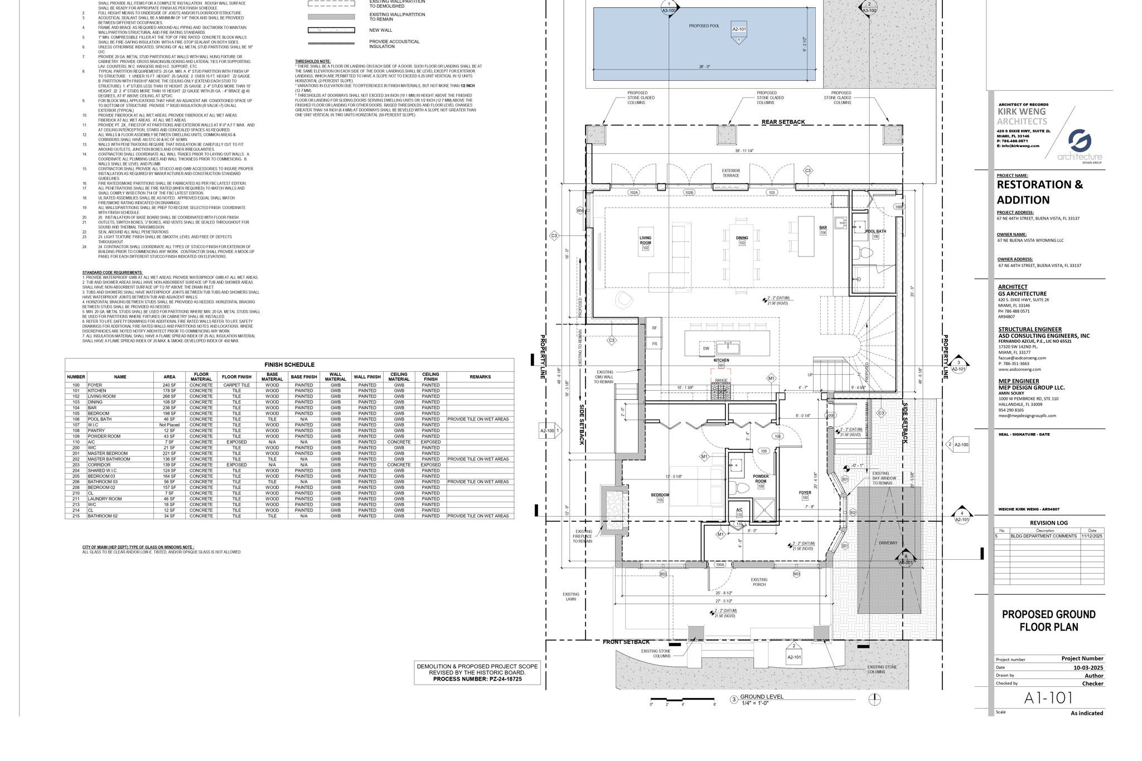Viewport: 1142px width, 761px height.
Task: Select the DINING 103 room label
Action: click(x=742, y=240)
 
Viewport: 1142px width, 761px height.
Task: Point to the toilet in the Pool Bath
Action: click(x=865, y=253)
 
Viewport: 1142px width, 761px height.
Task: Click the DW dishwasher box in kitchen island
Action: click(x=706, y=348)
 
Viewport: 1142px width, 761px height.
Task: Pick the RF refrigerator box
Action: click(x=655, y=328)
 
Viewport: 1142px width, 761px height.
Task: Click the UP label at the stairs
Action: click(x=810, y=375)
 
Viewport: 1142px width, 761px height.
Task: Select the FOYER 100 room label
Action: click(x=805, y=495)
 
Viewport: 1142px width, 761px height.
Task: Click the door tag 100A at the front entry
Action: click(x=720, y=565)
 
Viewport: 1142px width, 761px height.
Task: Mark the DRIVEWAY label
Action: click(x=888, y=542)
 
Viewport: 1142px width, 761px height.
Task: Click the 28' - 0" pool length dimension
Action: click(x=704, y=67)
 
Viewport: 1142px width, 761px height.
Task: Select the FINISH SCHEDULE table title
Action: click(x=289, y=365)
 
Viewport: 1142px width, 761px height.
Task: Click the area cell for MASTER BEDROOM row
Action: click(x=169, y=453)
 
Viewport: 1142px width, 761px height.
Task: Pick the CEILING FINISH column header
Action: click(x=430, y=377)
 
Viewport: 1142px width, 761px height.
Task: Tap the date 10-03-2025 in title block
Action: click(x=1088, y=667)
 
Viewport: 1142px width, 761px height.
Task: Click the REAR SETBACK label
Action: click(x=783, y=122)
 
